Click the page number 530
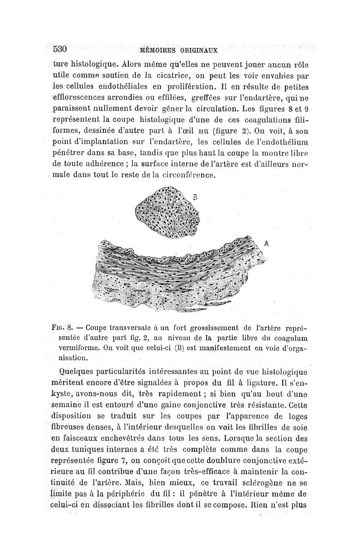[x=60, y=48]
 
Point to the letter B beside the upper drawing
[x=195, y=196]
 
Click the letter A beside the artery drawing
[x=266, y=244]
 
